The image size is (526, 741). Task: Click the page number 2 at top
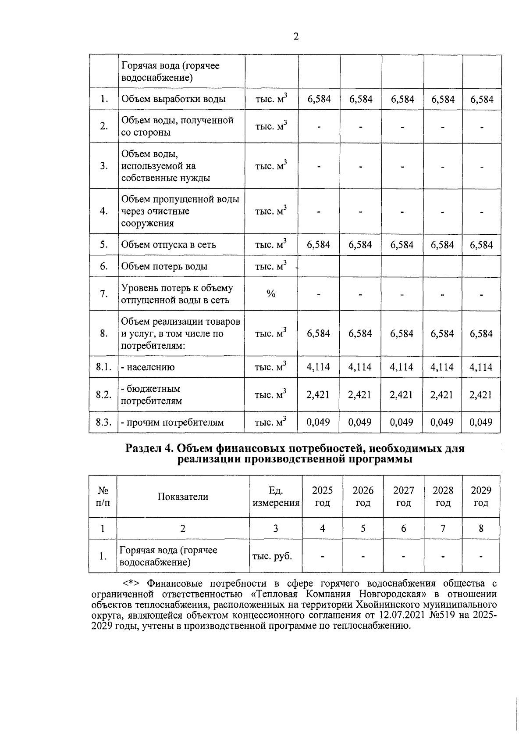coord(296,37)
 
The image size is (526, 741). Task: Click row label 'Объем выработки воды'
coord(173,99)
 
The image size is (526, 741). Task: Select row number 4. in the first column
coord(104,211)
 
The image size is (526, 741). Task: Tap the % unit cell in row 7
coord(271,294)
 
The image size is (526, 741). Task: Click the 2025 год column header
coord(322,496)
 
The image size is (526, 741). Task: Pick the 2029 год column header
coord(481,496)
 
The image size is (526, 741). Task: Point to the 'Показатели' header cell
coord(183,497)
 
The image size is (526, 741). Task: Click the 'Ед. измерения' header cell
coord(276,496)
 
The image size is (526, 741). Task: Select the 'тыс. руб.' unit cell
coord(272,556)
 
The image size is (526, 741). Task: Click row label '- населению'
coord(148,367)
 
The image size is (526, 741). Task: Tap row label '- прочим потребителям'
coord(172,422)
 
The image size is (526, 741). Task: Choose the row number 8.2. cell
coord(103,394)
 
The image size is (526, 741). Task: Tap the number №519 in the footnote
coord(441,615)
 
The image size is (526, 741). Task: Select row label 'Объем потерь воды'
coord(164,266)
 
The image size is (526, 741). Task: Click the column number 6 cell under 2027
coord(403,529)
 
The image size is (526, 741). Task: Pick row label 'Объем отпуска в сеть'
coord(168,245)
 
